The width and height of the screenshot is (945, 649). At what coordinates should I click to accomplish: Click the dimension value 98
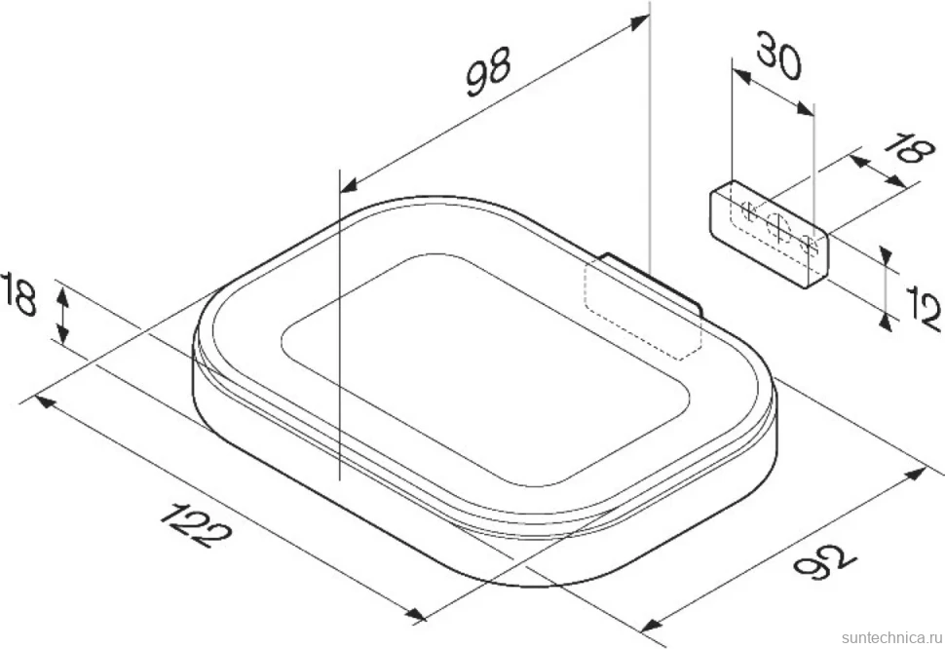(489, 70)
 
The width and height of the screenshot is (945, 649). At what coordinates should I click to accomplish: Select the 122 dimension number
(196, 523)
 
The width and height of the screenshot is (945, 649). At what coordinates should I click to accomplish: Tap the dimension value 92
(824, 559)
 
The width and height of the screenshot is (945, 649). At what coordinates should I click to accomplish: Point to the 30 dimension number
(779, 57)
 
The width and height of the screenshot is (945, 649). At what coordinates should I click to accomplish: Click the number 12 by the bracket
(924, 309)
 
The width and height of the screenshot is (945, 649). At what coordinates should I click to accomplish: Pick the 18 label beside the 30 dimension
(914, 148)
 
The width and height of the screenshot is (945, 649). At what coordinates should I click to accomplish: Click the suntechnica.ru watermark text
(891, 637)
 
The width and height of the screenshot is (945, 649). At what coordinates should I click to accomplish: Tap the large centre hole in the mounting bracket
(778, 227)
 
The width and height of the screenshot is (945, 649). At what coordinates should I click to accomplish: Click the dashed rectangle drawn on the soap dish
(642, 310)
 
